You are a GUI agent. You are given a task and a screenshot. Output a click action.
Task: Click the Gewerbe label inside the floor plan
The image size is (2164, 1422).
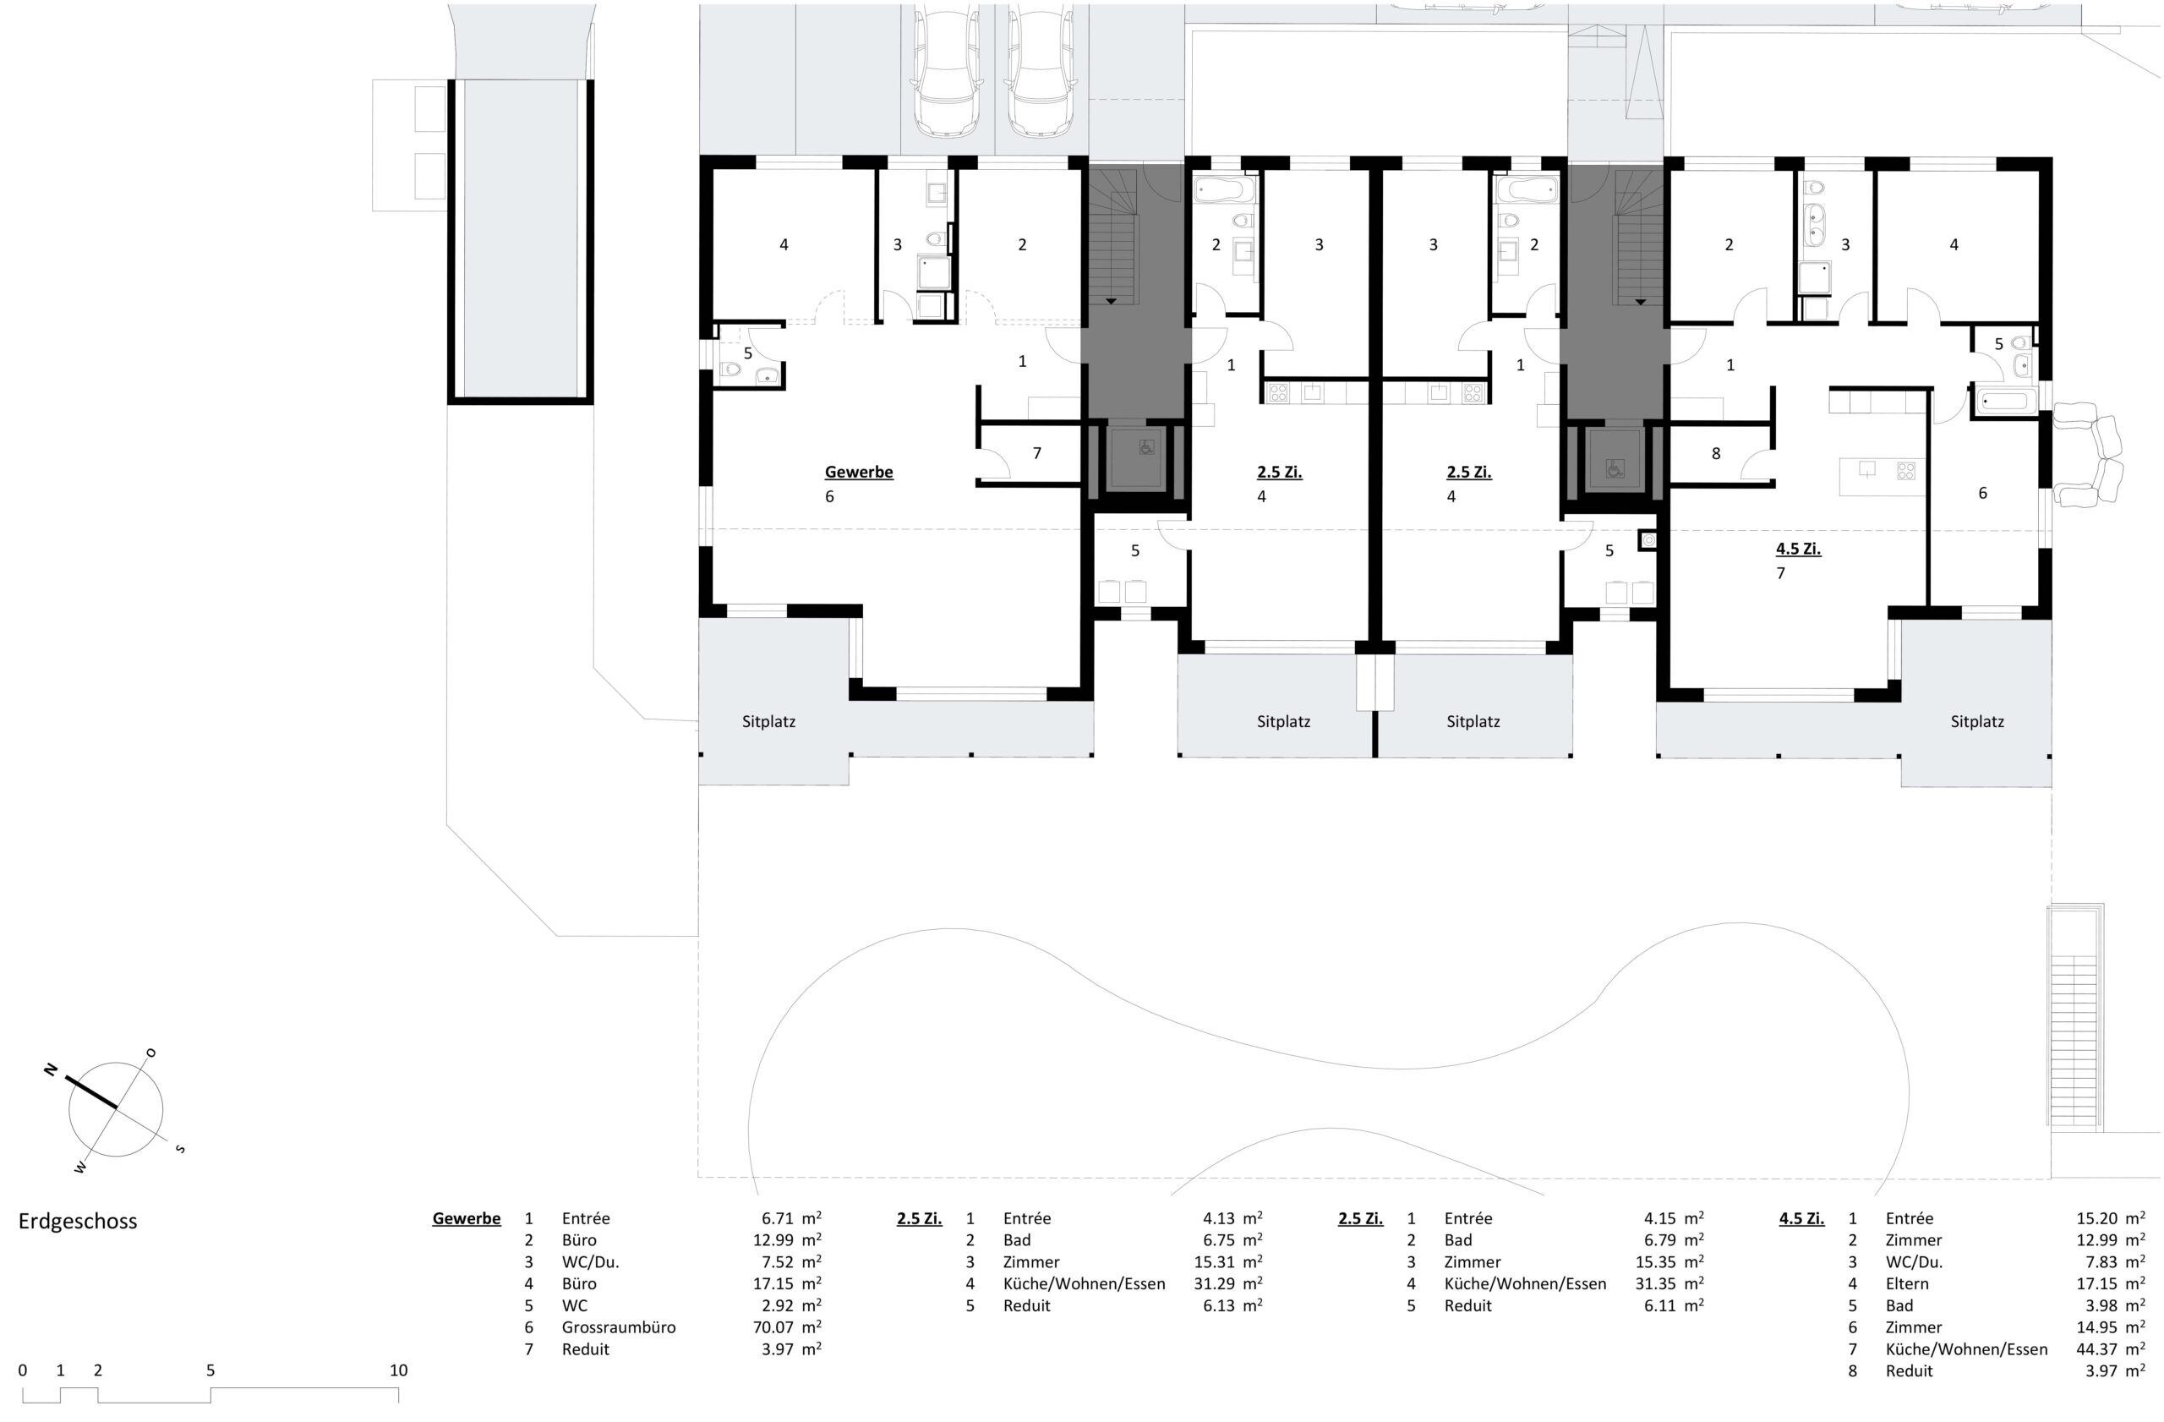[858, 472]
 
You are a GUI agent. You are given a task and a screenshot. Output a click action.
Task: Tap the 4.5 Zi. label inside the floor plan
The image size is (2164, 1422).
[1799, 550]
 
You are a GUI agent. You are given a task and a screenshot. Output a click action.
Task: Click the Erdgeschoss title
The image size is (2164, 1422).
[79, 1221]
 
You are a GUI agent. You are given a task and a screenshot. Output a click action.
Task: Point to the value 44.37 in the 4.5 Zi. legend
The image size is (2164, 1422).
[2096, 1348]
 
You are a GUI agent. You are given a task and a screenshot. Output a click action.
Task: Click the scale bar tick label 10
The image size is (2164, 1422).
[398, 1370]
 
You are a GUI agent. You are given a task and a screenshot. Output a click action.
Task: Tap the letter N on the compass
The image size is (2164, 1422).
[51, 1070]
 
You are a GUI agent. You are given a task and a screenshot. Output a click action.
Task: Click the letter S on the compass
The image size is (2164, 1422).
[180, 1148]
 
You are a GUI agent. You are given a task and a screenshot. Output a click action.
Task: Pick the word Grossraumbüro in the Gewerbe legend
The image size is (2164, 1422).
[618, 1326]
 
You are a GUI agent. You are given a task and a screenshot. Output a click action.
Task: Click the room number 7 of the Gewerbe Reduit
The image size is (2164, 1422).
[1036, 453]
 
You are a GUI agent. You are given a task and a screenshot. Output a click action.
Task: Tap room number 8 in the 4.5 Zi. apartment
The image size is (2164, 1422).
[1716, 453]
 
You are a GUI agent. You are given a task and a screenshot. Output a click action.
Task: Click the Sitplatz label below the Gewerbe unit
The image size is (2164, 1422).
[768, 722]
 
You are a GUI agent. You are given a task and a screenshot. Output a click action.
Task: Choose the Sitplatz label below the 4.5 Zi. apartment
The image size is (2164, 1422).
[1976, 722]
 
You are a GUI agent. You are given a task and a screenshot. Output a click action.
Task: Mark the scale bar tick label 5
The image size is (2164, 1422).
[210, 1370]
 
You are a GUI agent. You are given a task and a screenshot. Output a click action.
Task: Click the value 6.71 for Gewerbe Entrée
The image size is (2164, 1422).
[778, 1218]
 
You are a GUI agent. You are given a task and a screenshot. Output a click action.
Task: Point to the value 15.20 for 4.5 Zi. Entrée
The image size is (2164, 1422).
[2096, 1218]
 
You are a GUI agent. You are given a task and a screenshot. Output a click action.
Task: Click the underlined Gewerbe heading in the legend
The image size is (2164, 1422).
[467, 1218]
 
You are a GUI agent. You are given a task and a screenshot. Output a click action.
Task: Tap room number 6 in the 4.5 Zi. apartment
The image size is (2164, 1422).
[1982, 492]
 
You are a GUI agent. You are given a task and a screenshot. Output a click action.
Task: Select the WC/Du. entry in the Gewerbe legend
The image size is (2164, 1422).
[590, 1261]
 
